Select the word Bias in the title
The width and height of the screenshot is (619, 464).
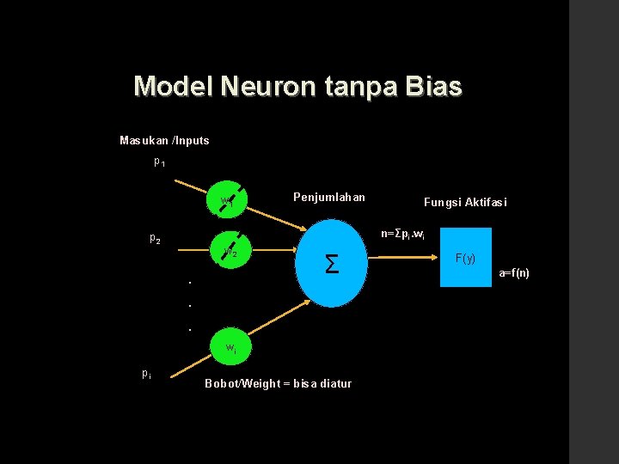(x=433, y=87)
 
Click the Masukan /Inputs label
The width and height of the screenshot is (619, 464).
(x=164, y=140)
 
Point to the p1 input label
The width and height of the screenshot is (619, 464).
(x=159, y=162)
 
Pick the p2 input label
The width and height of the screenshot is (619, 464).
(x=155, y=238)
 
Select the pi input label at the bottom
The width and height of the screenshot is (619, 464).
(x=147, y=373)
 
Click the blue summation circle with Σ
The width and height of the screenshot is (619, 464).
(x=332, y=264)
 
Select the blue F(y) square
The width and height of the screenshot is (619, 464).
(x=465, y=258)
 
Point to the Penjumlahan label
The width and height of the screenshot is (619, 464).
(x=328, y=198)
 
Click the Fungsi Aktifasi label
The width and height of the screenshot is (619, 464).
(x=465, y=202)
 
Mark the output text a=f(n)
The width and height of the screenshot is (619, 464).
(x=514, y=273)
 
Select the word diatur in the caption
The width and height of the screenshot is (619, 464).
(x=334, y=383)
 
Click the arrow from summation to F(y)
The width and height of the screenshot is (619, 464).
(x=404, y=259)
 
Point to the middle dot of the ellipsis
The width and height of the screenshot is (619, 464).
(x=189, y=305)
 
